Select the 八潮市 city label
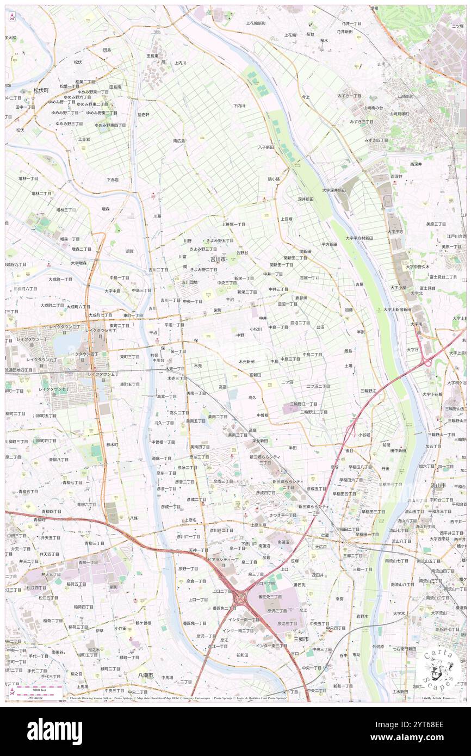146,675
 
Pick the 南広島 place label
179,141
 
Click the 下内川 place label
239,106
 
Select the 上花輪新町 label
255,23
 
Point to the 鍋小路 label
274,179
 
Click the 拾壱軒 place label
144,115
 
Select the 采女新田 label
259,441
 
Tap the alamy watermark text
54,732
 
